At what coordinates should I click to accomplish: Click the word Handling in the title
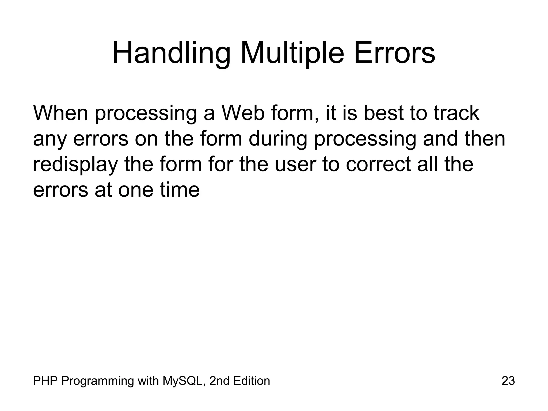pyautogui.click(x=171, y=54)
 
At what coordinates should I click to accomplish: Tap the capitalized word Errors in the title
pyautogui.click(x=395, y=54)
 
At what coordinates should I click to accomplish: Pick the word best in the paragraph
pyautogui.click(x=383, y=113)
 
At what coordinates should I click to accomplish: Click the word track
pyautogui.click(x=456, y=113)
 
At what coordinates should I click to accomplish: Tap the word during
pyautogui.click(x=278, y=139)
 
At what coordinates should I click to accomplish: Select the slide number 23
pyautogui.click(x=508, y=381)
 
